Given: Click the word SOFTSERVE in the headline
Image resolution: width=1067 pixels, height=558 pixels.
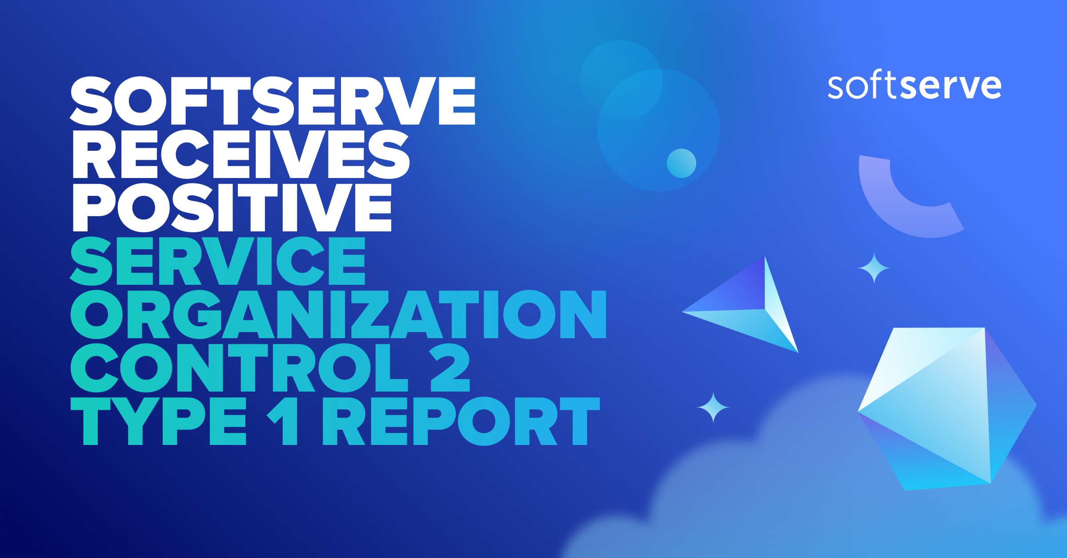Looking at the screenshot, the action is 273,101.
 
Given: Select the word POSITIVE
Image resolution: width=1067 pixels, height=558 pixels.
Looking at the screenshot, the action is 232,207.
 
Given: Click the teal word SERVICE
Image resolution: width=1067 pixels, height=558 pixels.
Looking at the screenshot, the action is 217,261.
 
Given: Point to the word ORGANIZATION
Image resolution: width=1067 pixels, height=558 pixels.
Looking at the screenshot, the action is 338,314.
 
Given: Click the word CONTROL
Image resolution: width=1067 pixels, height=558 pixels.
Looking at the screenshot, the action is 239,368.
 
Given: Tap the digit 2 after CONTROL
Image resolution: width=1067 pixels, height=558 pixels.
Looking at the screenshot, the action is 449,368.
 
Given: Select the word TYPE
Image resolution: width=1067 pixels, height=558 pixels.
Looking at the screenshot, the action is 158,421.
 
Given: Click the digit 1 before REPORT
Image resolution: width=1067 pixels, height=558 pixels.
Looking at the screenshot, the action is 283,421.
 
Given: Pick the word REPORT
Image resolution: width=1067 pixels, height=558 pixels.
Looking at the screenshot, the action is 461,421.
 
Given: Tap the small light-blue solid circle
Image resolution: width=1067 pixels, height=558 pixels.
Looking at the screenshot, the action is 681,163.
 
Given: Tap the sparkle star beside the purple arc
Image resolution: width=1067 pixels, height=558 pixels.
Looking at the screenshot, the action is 874,268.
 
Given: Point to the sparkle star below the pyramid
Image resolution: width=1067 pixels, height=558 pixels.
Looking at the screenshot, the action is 713,407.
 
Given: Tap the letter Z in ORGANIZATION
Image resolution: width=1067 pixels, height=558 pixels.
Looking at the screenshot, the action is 370,314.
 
